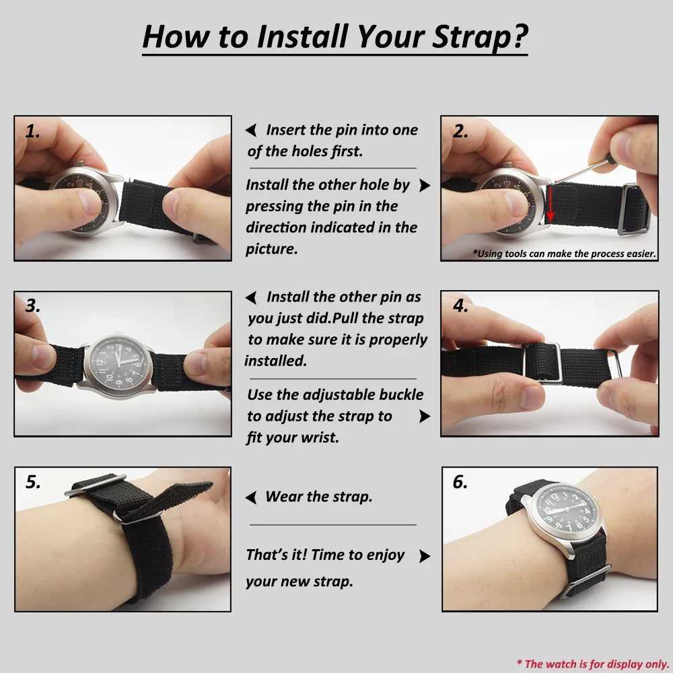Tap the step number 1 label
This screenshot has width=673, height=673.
pos(32,132)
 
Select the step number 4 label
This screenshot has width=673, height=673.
pos(460,306)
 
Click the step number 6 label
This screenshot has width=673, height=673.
pos(460,483)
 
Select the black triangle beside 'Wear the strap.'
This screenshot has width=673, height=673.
pos(251,498)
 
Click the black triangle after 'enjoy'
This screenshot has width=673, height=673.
pos(424,556)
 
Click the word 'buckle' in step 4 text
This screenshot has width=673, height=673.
pos(400,394)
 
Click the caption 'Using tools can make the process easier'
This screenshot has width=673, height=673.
pos(564,254)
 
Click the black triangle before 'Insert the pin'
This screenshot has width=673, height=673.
pos(250,131)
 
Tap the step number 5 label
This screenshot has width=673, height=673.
pos(33,482)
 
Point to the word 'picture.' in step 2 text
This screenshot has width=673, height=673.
pos(271,249)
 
